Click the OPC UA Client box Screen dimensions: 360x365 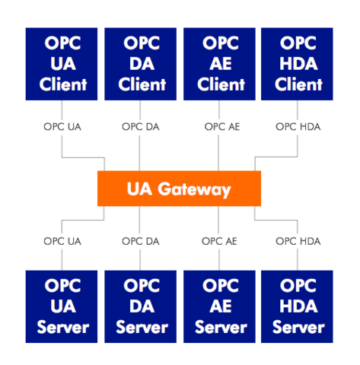(x=62, y=64)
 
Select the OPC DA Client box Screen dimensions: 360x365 (x=140, y=64)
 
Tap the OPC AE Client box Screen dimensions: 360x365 (x=219, y=64)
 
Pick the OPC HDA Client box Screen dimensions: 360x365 (x=297, y=64)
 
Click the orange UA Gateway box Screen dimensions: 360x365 (x=179, y=189)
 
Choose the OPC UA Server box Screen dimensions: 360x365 (x=62, y=306)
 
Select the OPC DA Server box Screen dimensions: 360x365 (x=140, y=306)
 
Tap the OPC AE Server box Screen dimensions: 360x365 (x=219, y=306)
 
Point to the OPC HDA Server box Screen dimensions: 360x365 (x=297, y=306)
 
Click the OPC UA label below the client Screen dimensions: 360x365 (x=62, y=127)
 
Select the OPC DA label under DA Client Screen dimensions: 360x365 (x=141, y=127)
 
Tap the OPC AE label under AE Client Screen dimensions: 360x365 (x=222, y=127)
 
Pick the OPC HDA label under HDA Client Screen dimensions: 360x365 (x=298, y=127)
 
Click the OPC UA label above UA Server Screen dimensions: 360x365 (x=62, y=241)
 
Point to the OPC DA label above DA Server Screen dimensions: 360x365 (x=141, y=241)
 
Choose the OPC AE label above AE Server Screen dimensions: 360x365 (x=219, y=241)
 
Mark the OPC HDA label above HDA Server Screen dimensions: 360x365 (x=298, y=241)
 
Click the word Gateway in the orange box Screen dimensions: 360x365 (x=194, y=190)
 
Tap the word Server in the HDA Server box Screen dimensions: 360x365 (x=298, y=327)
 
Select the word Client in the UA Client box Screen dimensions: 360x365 (x=63, y=84)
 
